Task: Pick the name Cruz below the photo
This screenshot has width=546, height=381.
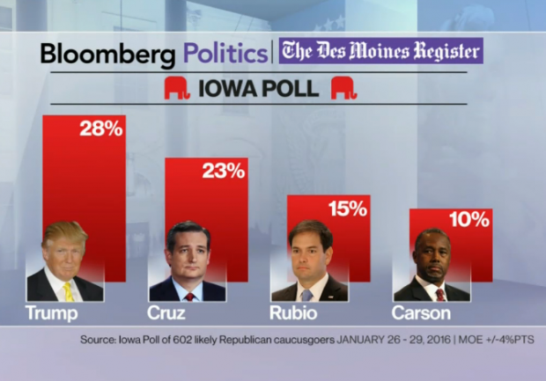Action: (x=166, y=313)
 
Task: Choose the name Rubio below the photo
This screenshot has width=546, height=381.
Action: (x=293, y=313)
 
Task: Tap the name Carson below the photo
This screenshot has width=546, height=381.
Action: (x=420, y=313)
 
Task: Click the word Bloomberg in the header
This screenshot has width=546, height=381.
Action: (x=108, y=54)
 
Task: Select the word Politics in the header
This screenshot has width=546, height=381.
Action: (x=225, y=54)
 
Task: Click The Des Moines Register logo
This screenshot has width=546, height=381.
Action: (x=380, y=50)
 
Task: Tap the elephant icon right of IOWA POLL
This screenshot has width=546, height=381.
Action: (x=343, y=88)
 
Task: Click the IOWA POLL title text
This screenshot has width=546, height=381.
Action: (x=261, y=89)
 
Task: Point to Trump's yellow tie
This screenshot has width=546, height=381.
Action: (x=68, y=291)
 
